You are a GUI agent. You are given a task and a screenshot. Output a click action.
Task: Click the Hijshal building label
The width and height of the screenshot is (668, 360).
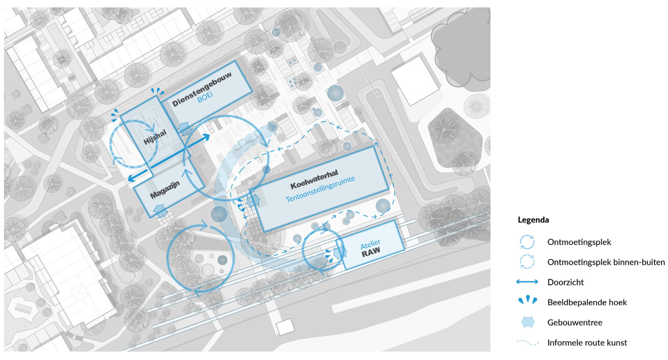pos(155,137)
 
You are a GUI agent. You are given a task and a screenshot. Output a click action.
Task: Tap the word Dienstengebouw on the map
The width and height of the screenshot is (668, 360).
pos(202,89)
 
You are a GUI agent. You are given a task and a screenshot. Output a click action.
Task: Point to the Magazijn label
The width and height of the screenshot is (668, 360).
pos(165,190)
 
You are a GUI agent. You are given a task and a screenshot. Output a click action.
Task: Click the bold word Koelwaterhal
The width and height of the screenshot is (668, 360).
pos(314,179)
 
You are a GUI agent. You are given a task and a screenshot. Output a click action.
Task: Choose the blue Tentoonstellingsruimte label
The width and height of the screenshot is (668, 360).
pos(320,189)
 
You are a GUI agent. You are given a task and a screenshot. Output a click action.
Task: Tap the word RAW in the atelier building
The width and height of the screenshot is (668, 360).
pos(371,251)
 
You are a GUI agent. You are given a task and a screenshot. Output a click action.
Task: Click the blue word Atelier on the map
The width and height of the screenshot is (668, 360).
pos(370,244)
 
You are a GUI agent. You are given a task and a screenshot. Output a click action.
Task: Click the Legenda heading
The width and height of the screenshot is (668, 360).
pos(533,220)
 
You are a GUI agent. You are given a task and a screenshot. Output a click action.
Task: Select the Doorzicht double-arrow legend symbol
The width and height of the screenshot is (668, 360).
pos(527,282)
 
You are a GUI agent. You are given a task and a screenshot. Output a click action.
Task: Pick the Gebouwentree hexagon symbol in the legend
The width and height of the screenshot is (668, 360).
pos(528,322)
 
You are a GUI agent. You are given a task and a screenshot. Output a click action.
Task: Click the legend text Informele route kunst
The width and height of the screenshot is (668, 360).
pos(587,343)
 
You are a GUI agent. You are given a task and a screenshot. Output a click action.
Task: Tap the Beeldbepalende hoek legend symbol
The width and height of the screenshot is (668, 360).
pos(528,300)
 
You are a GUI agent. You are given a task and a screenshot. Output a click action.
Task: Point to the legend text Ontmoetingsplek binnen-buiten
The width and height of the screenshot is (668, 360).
pos(606,262)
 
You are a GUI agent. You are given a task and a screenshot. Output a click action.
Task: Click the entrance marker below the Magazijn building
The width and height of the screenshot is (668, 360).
pos(161,211)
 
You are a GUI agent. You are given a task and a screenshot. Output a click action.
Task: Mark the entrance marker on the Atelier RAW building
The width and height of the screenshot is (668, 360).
pos(340,252)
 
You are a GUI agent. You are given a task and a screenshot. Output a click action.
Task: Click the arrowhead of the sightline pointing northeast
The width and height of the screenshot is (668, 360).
pos(206,137)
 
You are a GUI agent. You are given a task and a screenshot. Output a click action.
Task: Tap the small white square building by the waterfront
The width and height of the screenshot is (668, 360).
pos(285,327)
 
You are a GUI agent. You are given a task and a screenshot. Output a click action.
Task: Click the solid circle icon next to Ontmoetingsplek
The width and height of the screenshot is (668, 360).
pos(527,242)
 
